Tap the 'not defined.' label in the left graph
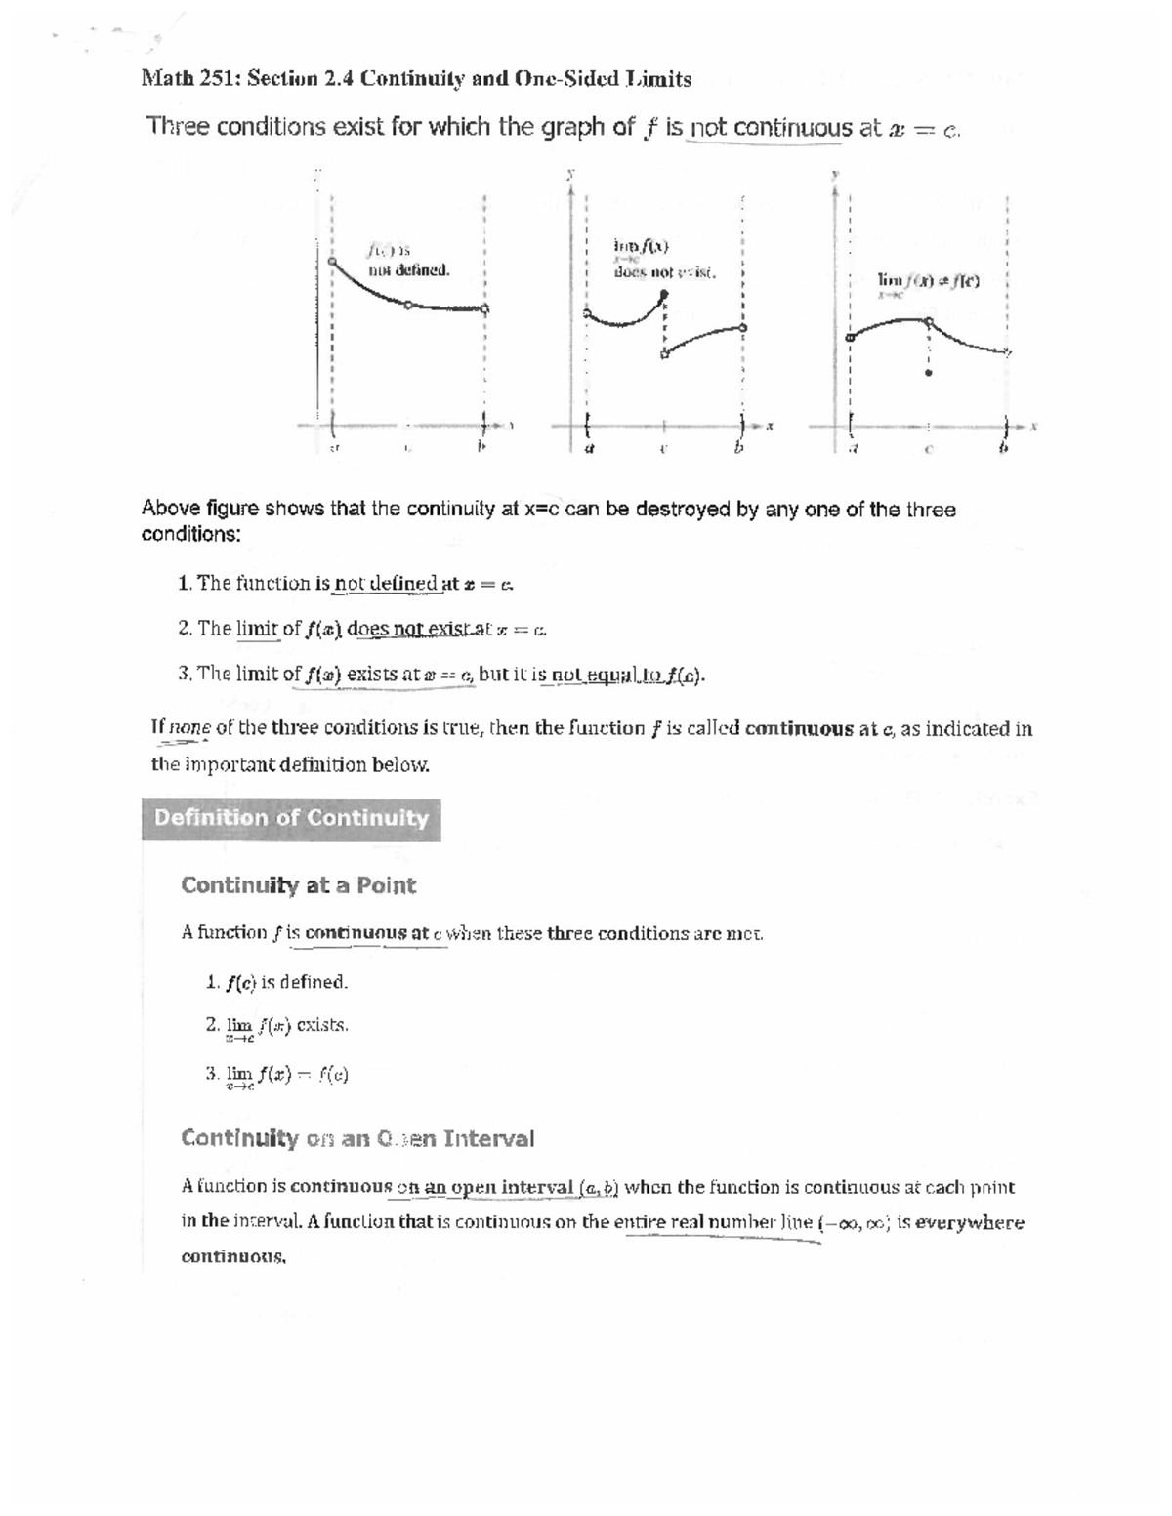(x=408, y=270)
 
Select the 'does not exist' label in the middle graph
(x=664, y=272)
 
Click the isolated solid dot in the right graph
(x=928, y=372)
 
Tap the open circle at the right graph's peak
(x=928, y=320)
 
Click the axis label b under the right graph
(x=1002, y=450)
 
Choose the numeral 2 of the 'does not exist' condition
(x=184, y=629)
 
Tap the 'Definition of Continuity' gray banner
(x=291, y=819)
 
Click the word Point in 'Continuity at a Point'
(x=386, y=886)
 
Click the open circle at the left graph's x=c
(x=408, y=306)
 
